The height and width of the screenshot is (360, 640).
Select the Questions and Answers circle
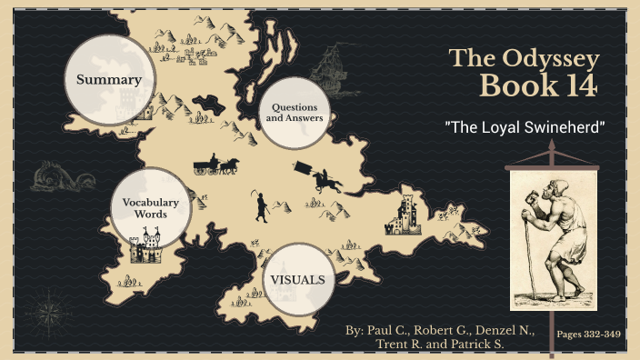tap(294, 114)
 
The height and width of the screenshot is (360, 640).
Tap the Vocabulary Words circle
tap(150, 206)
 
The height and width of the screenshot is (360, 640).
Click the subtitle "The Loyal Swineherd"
tap(525, 126)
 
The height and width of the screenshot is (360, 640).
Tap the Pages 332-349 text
tap(588, 335)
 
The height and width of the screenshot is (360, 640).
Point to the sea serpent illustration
tap(55, 175)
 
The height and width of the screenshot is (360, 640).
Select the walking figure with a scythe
tap(261, 208)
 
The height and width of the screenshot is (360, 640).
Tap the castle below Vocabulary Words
tap(145, 246)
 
